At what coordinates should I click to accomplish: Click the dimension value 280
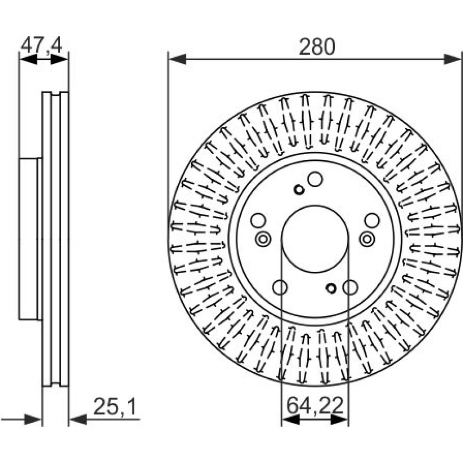click(317, 47)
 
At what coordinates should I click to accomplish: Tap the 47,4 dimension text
click(42, 45)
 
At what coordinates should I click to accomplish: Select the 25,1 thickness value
click(115, 407)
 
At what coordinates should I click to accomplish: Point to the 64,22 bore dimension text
click(315, 406)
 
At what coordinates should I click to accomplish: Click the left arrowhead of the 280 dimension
click(177, 59)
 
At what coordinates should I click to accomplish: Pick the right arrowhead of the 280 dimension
click(452, 59)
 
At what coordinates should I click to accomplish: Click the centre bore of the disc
click(315, 238)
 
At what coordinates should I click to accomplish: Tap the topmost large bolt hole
click(315, 179)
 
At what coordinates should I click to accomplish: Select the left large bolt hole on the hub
click(258, 220)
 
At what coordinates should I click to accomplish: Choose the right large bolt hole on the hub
click(372, 220)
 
